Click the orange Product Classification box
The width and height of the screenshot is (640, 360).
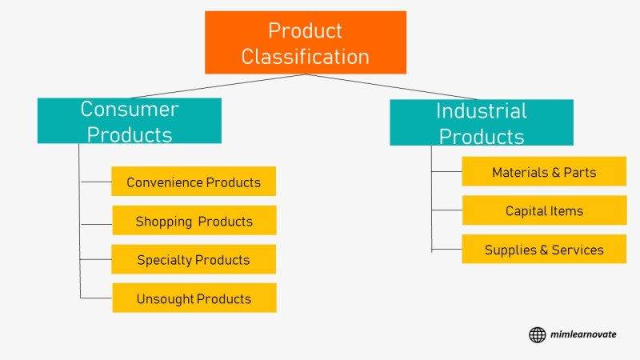[x=306, y=42]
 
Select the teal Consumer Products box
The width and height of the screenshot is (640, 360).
[x=130, y=121]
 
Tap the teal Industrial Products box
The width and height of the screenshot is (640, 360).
[x=482, y=122]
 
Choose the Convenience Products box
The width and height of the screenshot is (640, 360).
[x=194, y=182]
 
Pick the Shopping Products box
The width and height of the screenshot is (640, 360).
[x=194, y=221]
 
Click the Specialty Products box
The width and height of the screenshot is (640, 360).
[x=194, y=259]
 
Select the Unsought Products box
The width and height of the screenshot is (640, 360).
[x=194, y=298]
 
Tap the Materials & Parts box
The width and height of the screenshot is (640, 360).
[x=544, y=171]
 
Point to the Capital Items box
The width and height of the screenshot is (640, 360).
[x=545, y=210]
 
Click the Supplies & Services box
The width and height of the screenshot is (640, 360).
[x=544, y=249]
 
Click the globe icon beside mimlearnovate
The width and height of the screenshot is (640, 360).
[x=537, y=334]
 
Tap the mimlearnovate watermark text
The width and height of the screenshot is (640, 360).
[x=583, y=334]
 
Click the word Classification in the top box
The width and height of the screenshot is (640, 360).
[x=306, y=56]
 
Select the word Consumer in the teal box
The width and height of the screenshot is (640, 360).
[x=130, y=109]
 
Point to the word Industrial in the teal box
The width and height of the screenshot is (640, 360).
[x=482, y=111]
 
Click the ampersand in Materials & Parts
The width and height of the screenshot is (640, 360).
[x=555, y=172]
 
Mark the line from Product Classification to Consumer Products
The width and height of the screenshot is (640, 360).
[x=218, y=86]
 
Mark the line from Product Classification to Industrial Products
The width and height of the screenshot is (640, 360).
[x=392, y=86]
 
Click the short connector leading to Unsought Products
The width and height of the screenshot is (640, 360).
[x=96, y=298]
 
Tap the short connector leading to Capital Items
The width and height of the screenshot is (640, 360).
[x=447, y=210]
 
